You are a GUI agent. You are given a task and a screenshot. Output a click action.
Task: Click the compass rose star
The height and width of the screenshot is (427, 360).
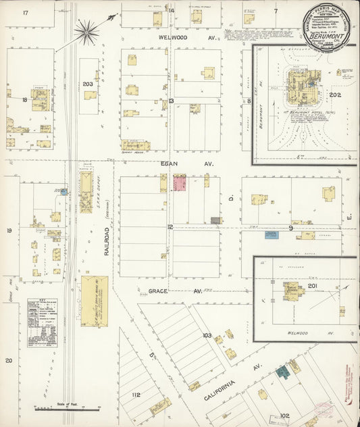[86, 29]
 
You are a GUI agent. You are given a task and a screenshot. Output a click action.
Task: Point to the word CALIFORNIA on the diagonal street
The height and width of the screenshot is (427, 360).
[221, 392]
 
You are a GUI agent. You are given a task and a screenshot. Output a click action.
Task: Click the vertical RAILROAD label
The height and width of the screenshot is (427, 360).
[107, 242]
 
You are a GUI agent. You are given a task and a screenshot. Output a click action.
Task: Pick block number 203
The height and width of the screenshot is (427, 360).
[87, 84]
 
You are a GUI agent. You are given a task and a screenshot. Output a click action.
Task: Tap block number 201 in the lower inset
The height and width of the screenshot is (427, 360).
[312, 286]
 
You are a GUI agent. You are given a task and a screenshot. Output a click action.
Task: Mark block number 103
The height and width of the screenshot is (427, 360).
[207, 336]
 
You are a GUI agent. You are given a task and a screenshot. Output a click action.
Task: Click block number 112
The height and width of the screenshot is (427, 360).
[136, 395]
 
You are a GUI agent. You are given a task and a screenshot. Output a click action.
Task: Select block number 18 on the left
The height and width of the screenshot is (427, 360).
[24, 100]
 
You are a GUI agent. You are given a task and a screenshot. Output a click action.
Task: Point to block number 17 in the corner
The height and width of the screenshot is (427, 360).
[25, 13]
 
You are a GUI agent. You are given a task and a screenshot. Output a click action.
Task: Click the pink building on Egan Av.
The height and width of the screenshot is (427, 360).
[180, 182]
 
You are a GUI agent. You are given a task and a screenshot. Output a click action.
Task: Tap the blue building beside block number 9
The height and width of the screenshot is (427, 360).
[272, 235]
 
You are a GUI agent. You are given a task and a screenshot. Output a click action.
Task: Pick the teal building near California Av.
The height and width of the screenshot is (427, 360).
[282, 371]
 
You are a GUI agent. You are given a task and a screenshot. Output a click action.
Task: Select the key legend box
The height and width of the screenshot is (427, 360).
[42, 322]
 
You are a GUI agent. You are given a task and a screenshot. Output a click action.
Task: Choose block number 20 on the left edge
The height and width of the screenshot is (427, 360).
[9, 360]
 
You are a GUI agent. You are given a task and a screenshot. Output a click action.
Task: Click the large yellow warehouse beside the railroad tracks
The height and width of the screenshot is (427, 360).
[94, 301]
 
